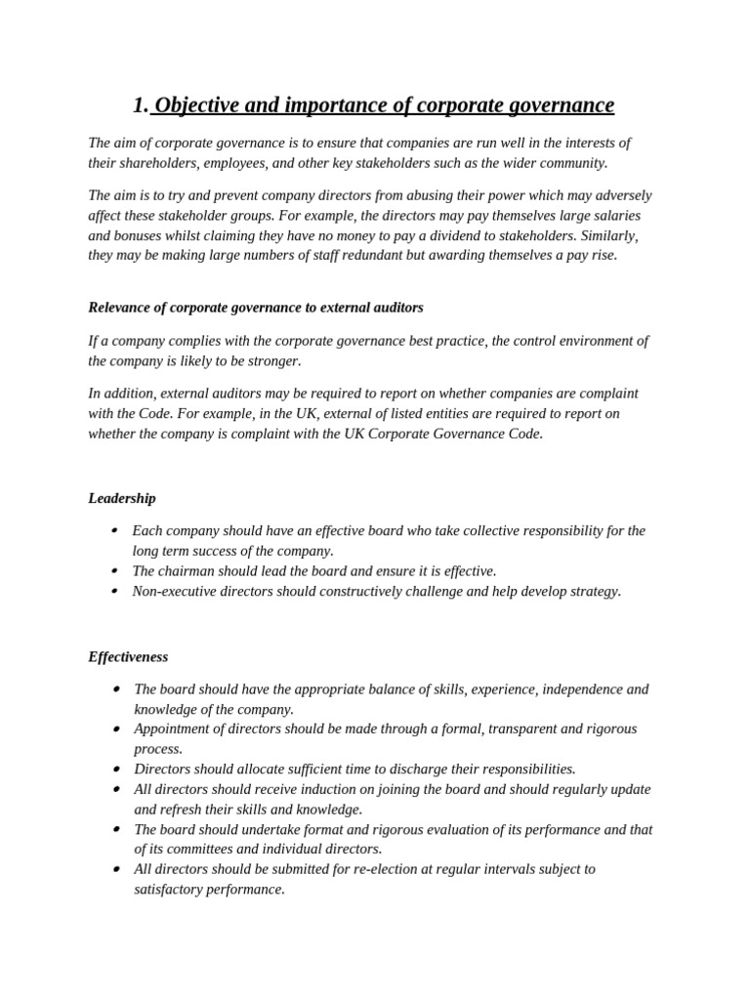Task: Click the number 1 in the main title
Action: (x=139, y=105)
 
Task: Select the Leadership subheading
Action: (x=122, y=498)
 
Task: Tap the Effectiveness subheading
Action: (x=128, y=656)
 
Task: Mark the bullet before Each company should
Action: (x=114, y=530)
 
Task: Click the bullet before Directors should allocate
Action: (x=116, y=769)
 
